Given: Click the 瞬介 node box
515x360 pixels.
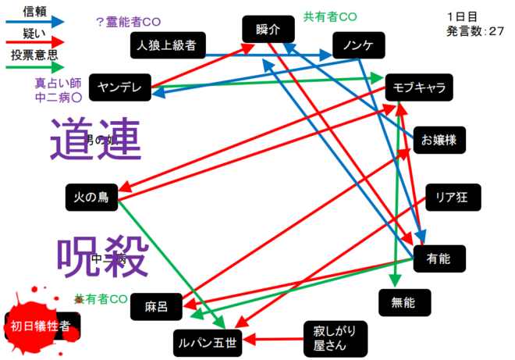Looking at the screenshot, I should pos(264,30).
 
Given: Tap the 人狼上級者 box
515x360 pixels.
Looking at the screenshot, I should pos(167,46).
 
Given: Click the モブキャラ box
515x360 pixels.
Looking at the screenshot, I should pos(418,87).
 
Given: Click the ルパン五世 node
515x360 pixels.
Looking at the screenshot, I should pos(208,340).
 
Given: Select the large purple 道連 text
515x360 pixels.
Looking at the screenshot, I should pos(94,141).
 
